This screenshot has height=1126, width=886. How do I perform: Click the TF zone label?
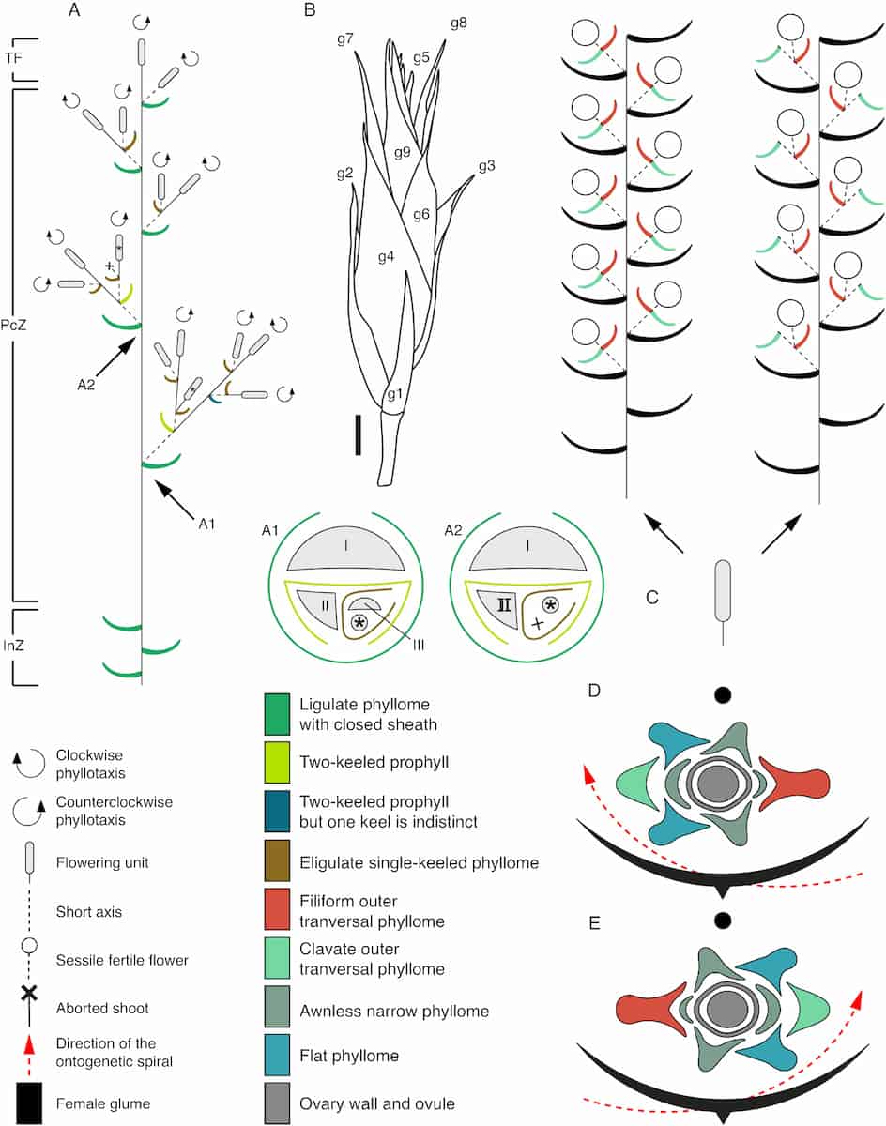[13, 57]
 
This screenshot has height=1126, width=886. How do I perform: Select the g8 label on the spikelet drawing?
[458, 22]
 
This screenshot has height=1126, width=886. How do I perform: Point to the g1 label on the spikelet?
[395, 394]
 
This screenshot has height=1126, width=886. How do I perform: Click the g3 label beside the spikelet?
[486, 167]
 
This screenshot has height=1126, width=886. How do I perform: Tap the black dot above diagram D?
[722, 695]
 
